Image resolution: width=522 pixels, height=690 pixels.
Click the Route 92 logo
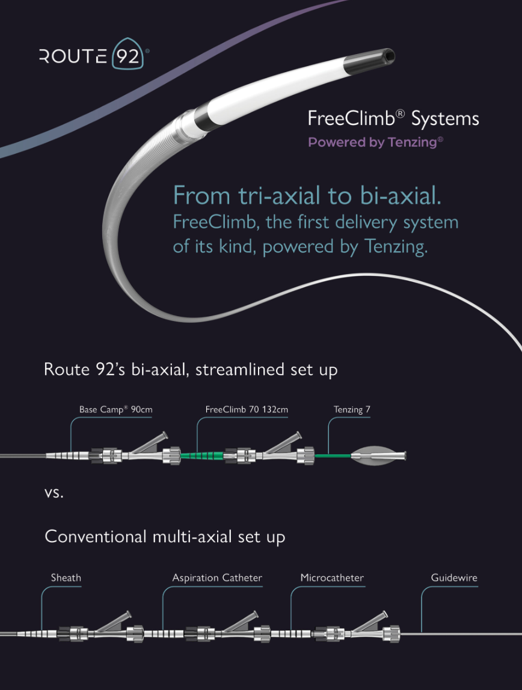(94, 56)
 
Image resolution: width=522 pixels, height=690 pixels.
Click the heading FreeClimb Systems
(393, 118)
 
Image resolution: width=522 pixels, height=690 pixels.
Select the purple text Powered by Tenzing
(375, 142)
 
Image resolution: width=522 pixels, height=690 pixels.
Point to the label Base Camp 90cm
(116, 410)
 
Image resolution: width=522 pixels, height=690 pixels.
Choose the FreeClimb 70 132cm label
(247, 410)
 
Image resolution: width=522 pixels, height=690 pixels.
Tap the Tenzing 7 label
(352, 410)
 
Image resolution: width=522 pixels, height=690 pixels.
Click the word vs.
(54, 494)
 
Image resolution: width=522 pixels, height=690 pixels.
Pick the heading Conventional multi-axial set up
(165, 536)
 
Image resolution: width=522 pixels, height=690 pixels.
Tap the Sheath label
(66, 578)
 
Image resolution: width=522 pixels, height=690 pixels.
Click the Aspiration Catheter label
(217, 578)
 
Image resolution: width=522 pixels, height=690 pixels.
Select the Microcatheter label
(332, 578)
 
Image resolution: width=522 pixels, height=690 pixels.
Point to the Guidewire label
(454, 578)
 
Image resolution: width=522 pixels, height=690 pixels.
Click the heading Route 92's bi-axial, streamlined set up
(191, 369)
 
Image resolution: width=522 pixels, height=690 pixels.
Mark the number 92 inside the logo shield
(127, 57)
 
